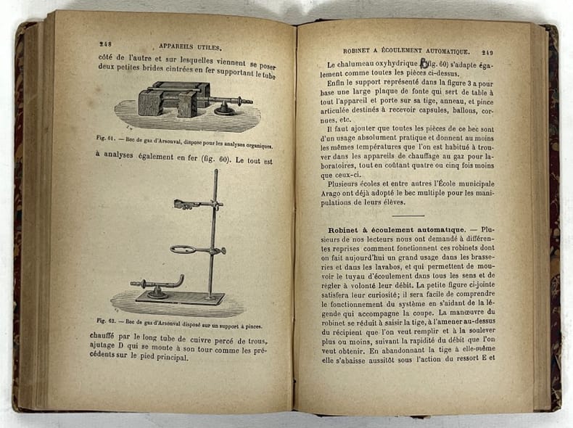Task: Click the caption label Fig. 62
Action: [107, 319]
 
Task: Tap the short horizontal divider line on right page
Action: [407, 215]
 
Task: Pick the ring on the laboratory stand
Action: [190, 250]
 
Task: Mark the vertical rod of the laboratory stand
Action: [214, 232]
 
